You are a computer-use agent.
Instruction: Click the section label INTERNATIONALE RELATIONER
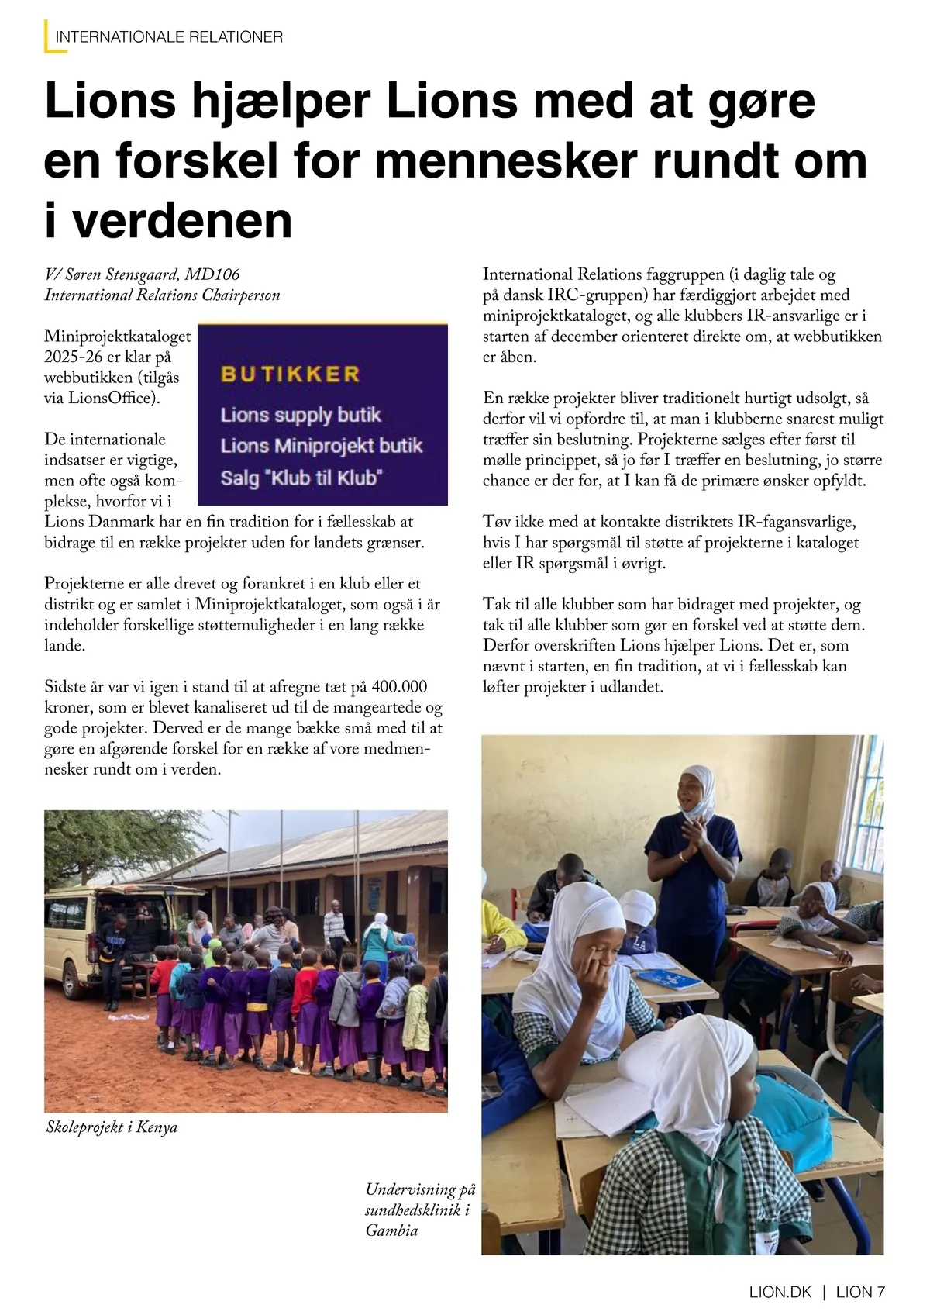coord(169,36)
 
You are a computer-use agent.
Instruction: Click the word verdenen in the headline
coord(182,220)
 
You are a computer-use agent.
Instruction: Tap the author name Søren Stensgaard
coord(122,274)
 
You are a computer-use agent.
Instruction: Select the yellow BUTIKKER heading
coord(291,374)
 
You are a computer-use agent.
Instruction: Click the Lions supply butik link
coord(301,415)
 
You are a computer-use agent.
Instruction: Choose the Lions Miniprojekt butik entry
coord(321,446)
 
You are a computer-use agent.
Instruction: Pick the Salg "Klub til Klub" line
coord(301,478)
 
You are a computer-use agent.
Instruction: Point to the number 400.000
coord(399,687)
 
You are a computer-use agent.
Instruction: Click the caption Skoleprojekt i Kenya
coord(112,1127)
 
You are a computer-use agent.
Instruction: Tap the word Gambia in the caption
coord(392,1230)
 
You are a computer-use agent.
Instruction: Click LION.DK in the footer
coord(780,1292)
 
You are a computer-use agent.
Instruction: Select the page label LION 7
coord(860,1292)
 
